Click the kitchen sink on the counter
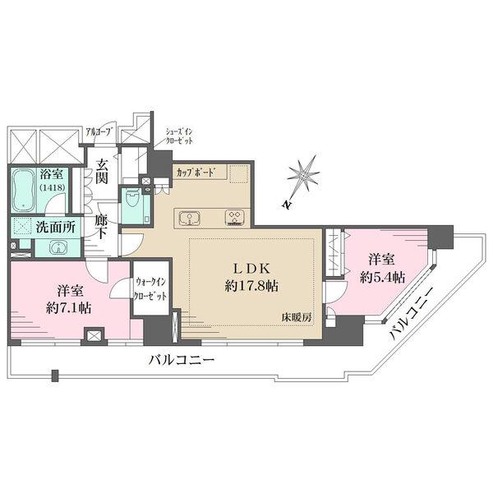(189, 219)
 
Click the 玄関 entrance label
(101, 173)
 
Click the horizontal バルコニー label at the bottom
(182, 360)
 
